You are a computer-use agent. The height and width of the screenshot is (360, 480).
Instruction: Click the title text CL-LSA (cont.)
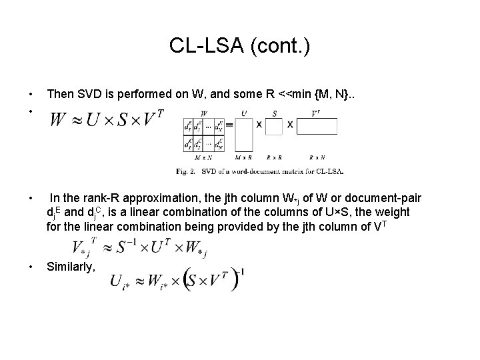[x=239, y=46]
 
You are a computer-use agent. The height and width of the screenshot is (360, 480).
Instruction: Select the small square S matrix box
[x=275, y=125]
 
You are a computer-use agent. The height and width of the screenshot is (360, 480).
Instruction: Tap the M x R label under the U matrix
[x=243, y=158]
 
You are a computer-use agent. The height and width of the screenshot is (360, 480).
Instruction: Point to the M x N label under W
[x=204, y=158]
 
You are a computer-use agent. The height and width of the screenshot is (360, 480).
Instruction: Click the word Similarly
[x=71, y=266]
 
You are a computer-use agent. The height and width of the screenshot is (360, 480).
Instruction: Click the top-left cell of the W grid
[x=189, y=125]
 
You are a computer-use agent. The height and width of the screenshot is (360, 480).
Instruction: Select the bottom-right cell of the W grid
[x=217, y=141]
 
